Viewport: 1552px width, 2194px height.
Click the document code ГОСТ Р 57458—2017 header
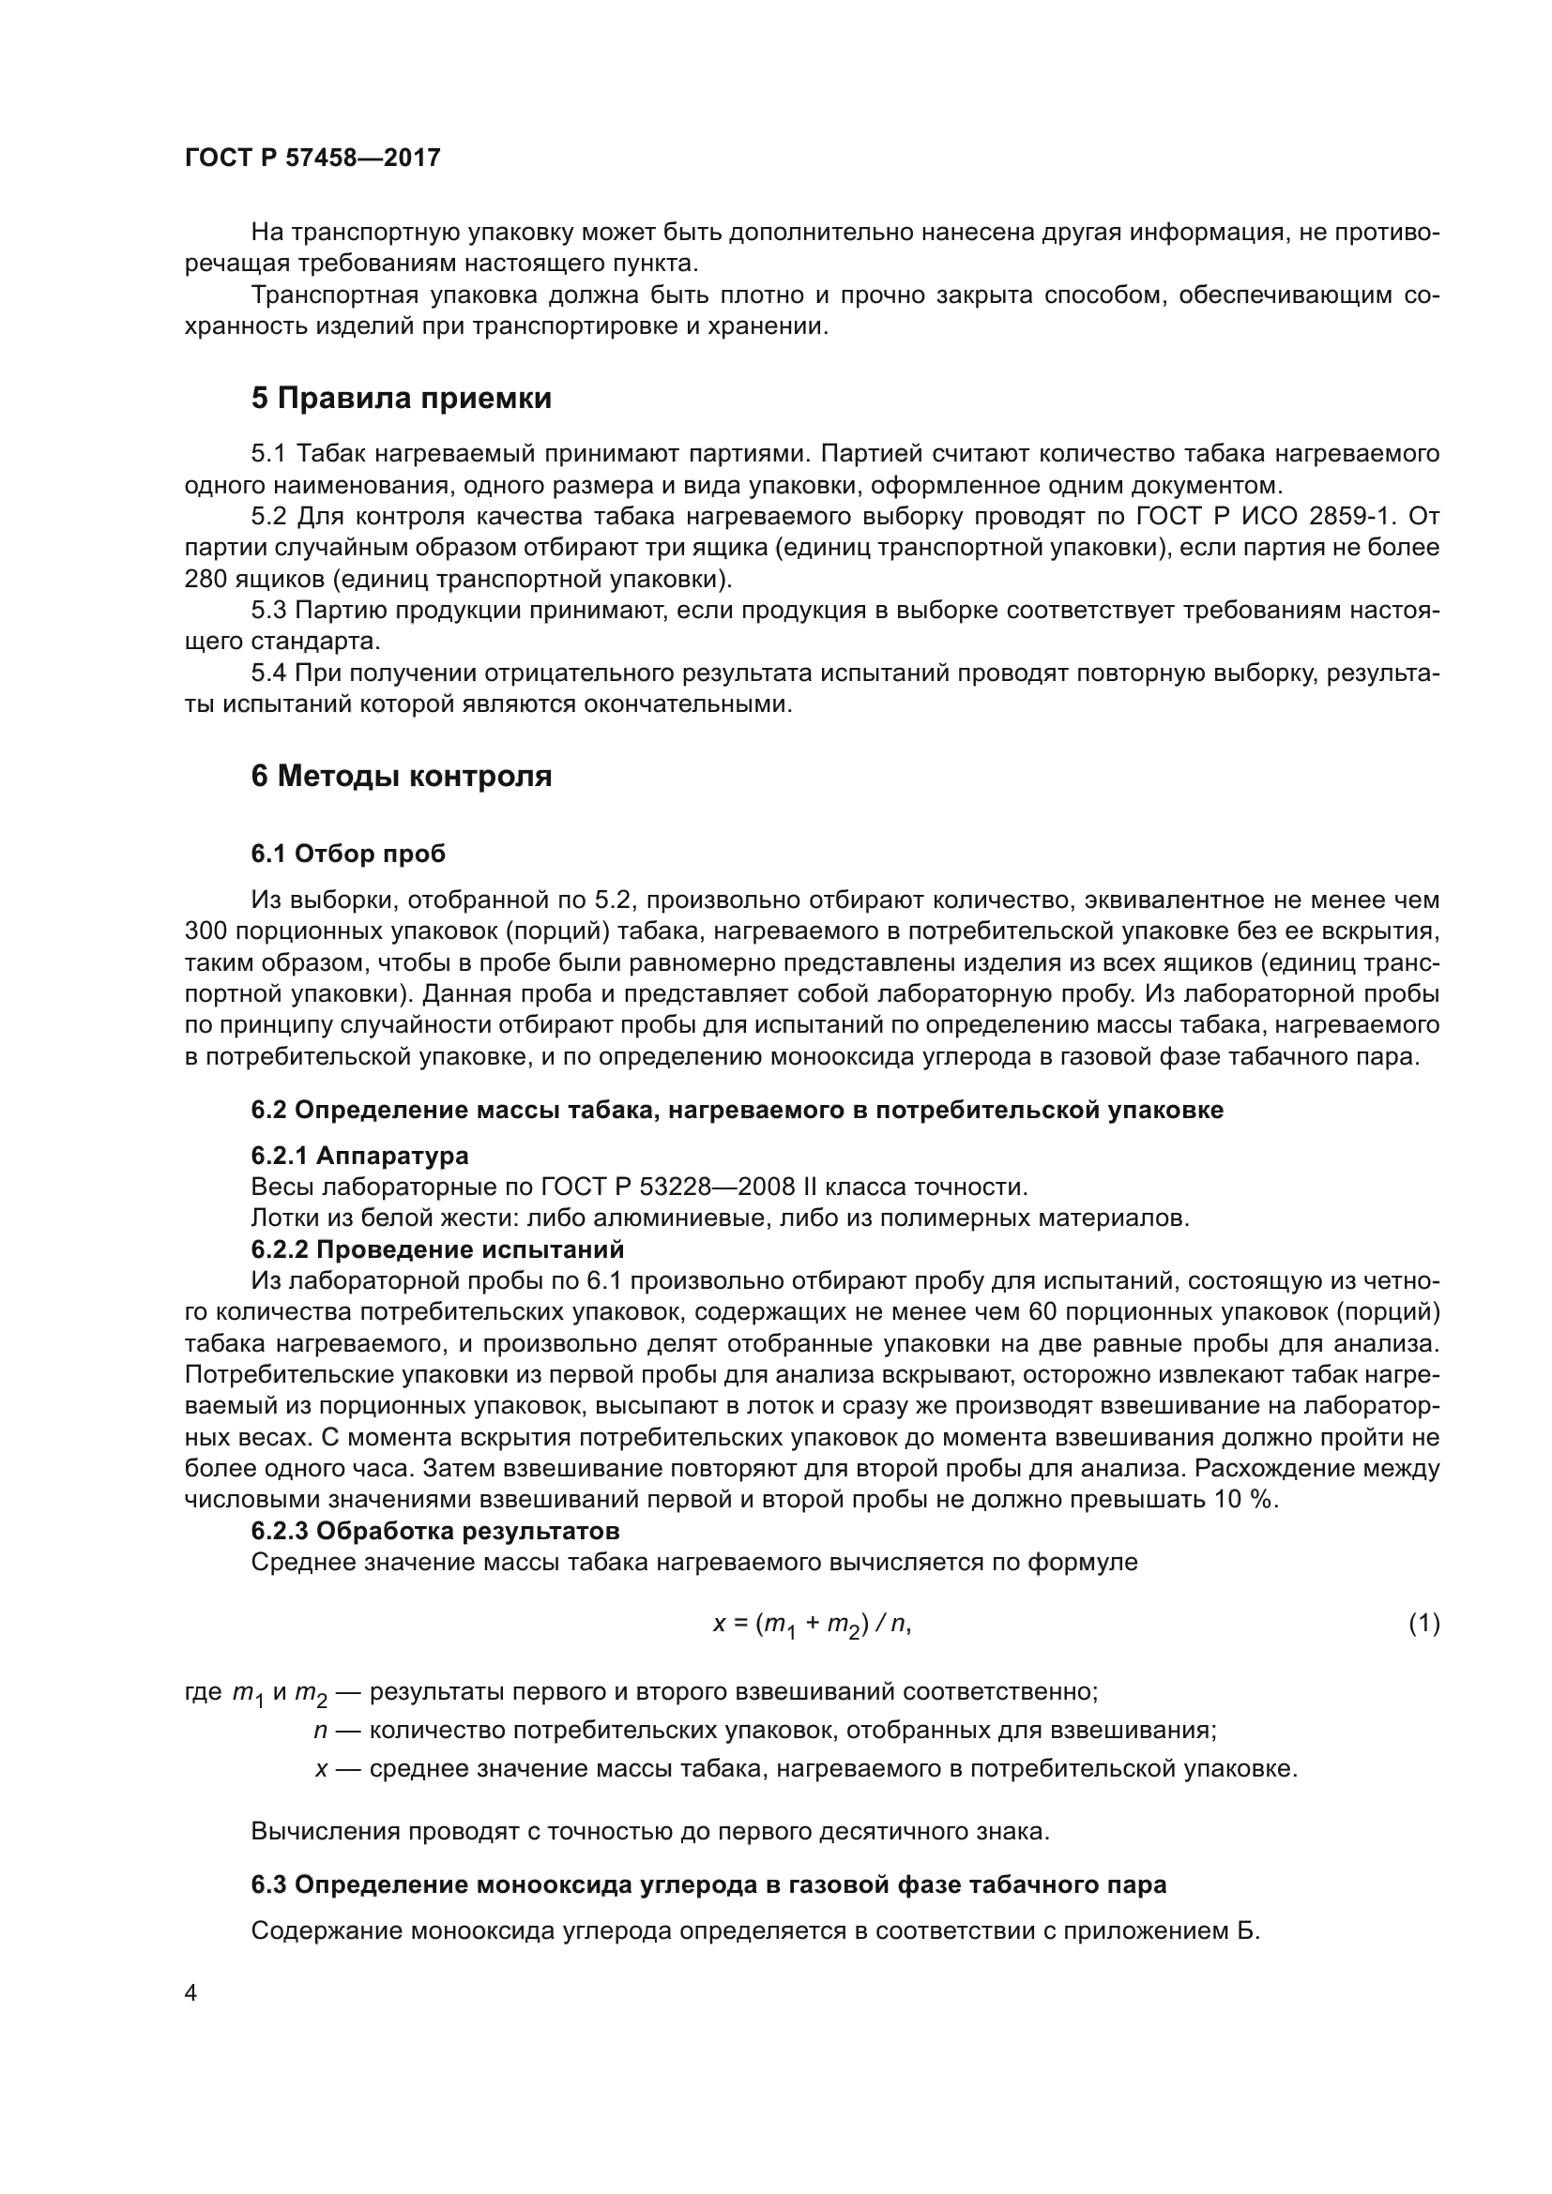[x=312, y=159]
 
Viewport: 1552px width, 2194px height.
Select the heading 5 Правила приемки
[x=402, y=399]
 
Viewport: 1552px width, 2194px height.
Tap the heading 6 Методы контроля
[x=402, y=776]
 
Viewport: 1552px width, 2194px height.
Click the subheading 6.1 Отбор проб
[x=348, y=854]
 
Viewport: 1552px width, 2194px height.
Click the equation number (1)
[x=1424, y=1624]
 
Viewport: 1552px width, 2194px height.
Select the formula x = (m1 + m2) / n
[x=813, y=1625]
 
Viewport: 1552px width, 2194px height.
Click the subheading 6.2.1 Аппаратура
[x=359, y=1157]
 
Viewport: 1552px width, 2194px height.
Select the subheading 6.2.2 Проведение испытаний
[x=436, y=1249]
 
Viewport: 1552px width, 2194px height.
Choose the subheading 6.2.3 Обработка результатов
[x=434, y=1531]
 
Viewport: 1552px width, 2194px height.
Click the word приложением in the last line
[x=1135, y=1931]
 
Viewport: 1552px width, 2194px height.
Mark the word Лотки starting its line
[x=281, y=1218]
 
